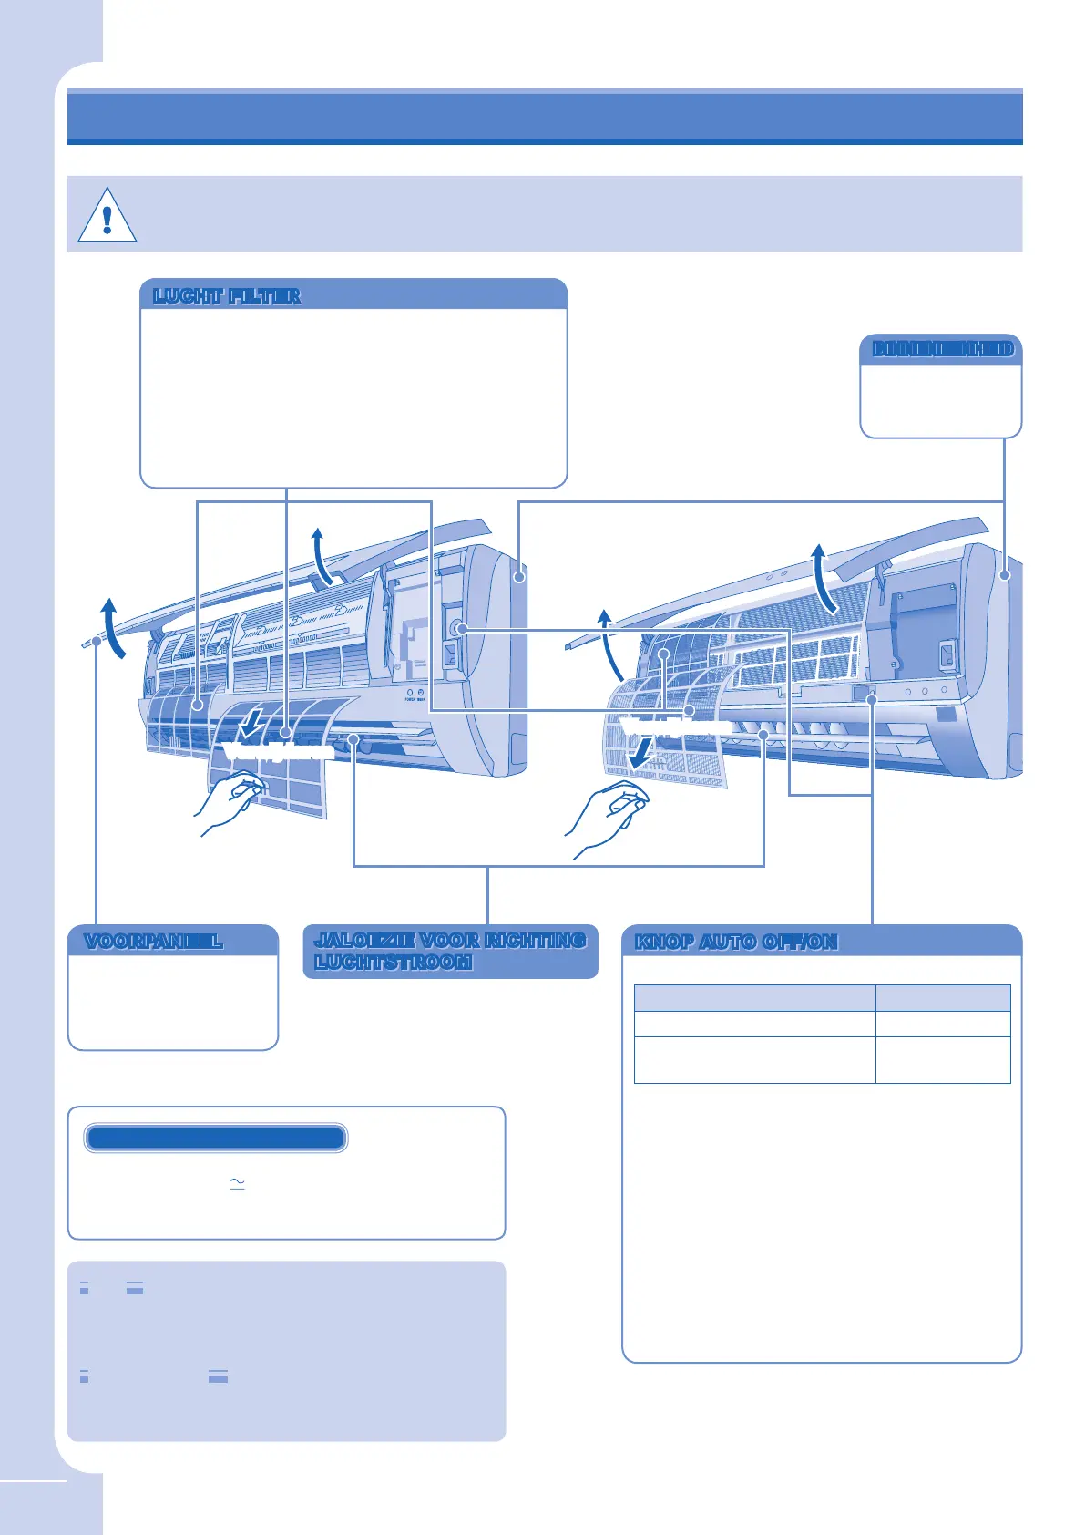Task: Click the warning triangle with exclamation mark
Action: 107,216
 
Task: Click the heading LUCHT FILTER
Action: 227,296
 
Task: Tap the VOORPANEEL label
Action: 153,942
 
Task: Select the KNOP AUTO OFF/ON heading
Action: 736,942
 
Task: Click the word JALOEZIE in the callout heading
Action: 363,940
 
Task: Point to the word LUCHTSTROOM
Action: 394,963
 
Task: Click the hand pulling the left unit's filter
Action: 228,800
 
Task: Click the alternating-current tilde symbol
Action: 238,1183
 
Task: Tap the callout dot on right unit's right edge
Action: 1004,575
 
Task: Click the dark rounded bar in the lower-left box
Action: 215,1138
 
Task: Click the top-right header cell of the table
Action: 943,998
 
